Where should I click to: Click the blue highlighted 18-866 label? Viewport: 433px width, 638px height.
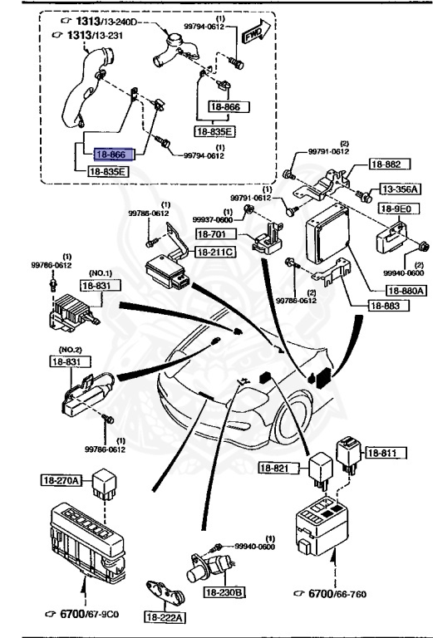point(111,154)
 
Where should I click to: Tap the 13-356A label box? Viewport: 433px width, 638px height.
point(401,189)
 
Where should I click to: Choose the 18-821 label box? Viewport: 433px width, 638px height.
point(277,469)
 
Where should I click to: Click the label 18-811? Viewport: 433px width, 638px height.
point(382,453)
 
